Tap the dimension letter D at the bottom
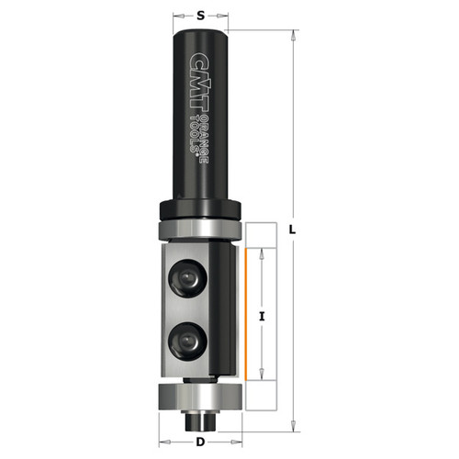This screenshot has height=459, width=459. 200,442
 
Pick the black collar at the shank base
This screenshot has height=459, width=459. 200,209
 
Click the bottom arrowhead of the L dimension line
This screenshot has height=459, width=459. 292,424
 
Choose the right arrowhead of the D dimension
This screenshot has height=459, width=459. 241,442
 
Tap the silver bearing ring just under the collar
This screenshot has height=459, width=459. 200,227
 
